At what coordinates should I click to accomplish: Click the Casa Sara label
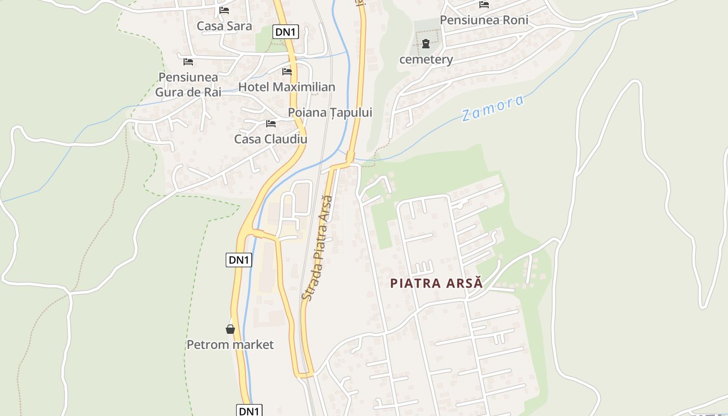tap(224, 26)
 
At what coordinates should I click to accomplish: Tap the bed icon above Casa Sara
tap(224, 10)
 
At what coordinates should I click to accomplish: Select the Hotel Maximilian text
tap(287, 87)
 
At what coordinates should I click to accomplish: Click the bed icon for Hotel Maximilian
tap(287, 71)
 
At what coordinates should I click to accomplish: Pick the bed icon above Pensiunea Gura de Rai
tap(188, 61)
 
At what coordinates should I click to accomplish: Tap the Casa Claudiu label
tap(270, 139)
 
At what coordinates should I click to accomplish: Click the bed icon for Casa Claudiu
tap(271, 123)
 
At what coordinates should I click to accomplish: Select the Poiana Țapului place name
tap(330, 112)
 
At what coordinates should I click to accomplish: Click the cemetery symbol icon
tap(426, 44)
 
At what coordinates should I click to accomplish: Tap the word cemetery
tap(426, 59)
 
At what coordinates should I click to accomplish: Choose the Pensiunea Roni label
tap(484, 20)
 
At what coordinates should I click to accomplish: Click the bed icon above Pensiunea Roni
tap(484, 5)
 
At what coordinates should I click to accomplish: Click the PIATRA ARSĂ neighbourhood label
tap(436, 283)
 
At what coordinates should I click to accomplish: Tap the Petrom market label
tap(230, 344)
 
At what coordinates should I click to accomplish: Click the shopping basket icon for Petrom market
tap(230, 329)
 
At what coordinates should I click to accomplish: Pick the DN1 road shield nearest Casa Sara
tap(285, 32)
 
